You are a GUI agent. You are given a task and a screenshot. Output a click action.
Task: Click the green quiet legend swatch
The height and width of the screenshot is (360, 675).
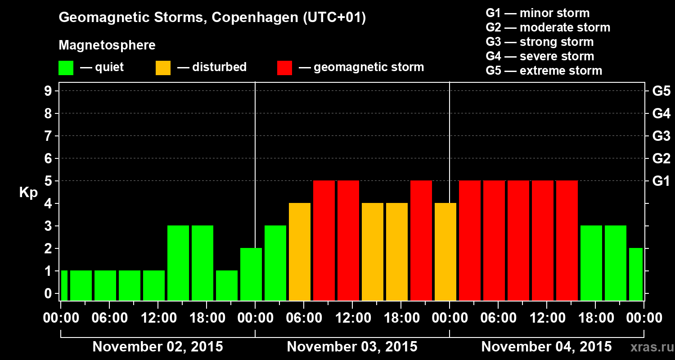coord(66,68)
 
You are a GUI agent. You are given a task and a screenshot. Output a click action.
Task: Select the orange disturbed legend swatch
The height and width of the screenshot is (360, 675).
coord(163,68)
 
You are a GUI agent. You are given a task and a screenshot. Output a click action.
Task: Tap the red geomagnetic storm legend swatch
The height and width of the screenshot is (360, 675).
coord(284,68)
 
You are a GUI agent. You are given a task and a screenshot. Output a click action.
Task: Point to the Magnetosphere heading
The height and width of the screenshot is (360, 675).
coord(107,45)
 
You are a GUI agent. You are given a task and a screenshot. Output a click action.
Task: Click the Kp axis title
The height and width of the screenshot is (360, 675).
coord(28,192)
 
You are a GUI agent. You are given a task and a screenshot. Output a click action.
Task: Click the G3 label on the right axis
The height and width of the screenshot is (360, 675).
coord(661,136)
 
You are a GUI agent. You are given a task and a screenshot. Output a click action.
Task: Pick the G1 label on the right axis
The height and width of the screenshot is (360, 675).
coord(661,181)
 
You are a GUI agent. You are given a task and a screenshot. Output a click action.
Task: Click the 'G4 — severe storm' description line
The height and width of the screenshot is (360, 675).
coord(540,56)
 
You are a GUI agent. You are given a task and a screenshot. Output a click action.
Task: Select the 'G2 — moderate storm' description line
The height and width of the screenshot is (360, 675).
coord(548,27)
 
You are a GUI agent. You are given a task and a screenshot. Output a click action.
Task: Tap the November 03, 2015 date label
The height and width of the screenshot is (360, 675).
coord(352,347)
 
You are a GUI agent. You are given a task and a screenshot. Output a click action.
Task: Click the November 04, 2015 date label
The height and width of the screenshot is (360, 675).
coord(546,347)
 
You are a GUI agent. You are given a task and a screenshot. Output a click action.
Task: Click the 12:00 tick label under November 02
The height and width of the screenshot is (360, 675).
coord(157,318)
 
